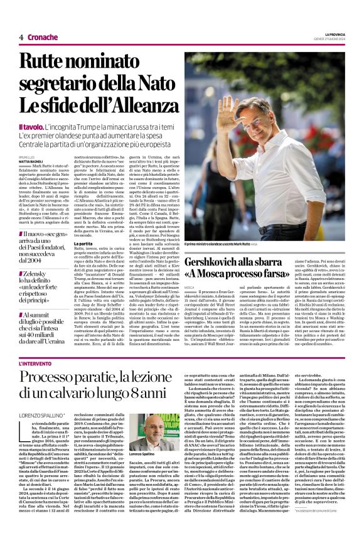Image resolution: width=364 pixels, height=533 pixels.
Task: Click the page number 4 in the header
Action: pos(21,38)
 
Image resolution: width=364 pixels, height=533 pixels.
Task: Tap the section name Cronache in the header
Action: pos(43,38)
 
